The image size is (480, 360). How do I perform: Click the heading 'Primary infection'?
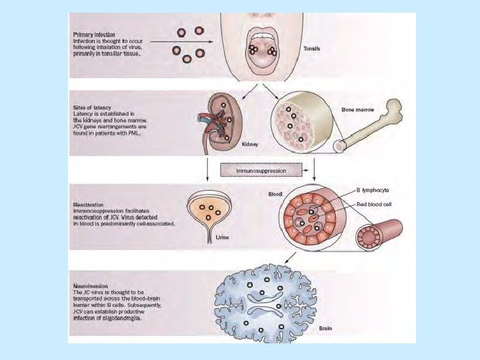95,33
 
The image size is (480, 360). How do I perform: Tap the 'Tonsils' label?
312,48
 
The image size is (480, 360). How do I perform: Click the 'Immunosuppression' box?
261,171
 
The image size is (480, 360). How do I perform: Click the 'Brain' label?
325,329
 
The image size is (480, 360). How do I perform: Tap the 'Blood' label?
275,195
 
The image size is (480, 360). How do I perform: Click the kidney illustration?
223,120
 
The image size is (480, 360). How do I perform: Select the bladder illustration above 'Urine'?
211,212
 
